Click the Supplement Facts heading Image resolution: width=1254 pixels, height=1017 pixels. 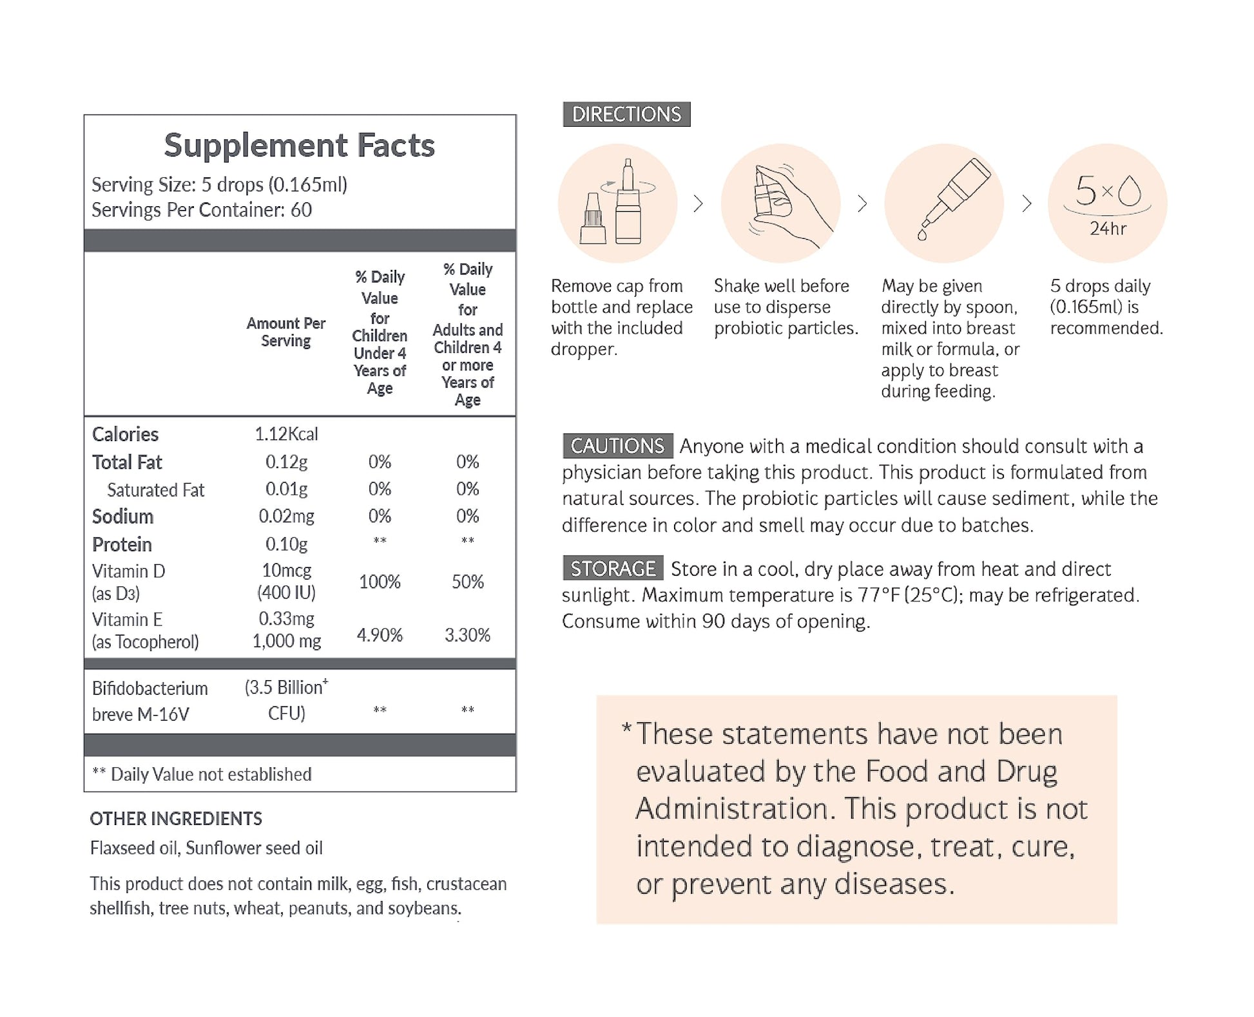click(299, 146)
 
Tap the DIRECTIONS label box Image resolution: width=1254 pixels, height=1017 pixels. click(626, 114)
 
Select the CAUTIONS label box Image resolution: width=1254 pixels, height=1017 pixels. click(617, 446)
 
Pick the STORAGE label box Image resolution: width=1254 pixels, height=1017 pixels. click(612, 569)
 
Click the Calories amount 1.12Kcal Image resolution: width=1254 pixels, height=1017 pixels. click(286, 434)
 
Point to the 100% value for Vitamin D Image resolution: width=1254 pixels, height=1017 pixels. click(380, 582)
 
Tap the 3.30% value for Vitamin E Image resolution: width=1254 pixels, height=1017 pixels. click(467, 635)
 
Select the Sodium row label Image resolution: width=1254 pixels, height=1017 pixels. click(122, 517)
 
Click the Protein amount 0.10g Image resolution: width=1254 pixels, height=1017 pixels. click(286, 544)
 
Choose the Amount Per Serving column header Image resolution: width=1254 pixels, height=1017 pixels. click(285, 332)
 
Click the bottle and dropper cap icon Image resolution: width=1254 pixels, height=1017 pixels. click(617, 203)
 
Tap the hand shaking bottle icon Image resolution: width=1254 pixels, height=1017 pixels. click(780, 203)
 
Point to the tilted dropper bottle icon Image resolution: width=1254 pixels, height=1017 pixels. click(944, 203)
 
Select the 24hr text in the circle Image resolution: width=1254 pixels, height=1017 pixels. click(1108, 229)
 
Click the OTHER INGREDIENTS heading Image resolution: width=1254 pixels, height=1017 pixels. click(176, 819)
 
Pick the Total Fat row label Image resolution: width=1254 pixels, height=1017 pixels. click(127, 462)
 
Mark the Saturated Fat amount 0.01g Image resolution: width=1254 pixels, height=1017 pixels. click(286, 489)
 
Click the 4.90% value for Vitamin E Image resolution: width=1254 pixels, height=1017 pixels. click(380, 635)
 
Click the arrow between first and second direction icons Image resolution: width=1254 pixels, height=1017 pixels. click(698, 204)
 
